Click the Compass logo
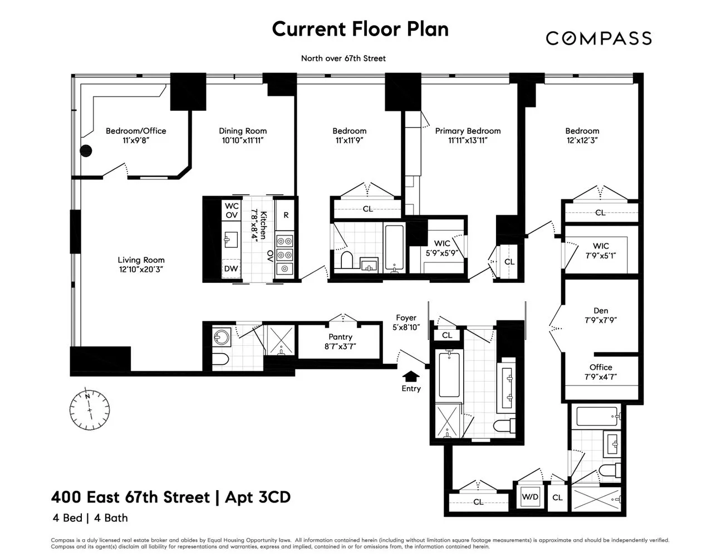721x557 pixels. pos(598,38)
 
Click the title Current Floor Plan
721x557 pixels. pos(360,29)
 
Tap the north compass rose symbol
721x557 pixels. pos(89,408)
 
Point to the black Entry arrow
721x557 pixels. pos(411,376)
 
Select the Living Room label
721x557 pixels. pos(141,260)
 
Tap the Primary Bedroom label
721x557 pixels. pos(468,131)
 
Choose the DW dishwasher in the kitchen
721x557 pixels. pos(230,268)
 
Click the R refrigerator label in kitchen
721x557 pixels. pos(286,215)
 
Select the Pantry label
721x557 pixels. pos(340,337)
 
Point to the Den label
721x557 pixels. pos(601,311)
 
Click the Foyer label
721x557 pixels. pos(406,318)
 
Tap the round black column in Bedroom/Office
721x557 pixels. pos(86,150)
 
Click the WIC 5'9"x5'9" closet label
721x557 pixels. pos(442,243)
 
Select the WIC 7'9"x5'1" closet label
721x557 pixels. pos(601,246)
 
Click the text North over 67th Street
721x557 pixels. pos(343,58)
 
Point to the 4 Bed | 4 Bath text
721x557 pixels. pos(90,518)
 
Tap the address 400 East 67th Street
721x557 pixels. pos(130,497)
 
